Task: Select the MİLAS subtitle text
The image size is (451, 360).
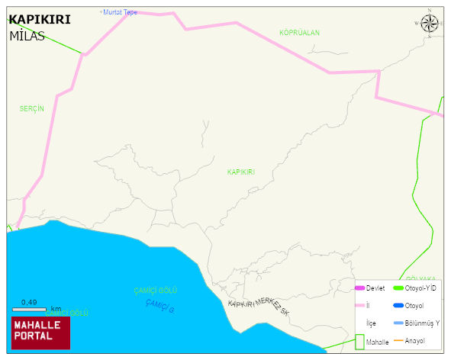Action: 27,36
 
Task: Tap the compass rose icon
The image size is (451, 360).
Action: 430,24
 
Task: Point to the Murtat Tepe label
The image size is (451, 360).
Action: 120,12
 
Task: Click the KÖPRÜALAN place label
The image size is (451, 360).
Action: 299,33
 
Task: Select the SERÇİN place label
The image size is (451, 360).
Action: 32,109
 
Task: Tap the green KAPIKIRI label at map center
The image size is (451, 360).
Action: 240,172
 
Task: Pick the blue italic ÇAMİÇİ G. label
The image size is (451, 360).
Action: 160,307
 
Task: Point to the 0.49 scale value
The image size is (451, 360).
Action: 29,302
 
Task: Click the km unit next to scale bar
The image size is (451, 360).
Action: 56,309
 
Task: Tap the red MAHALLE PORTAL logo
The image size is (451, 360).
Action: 40,333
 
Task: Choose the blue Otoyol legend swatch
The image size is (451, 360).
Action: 398,306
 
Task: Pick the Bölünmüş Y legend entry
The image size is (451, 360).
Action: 422,323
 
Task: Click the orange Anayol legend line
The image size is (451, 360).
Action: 398,341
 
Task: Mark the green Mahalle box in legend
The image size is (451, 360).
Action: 359,342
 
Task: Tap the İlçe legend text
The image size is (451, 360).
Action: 372,323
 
